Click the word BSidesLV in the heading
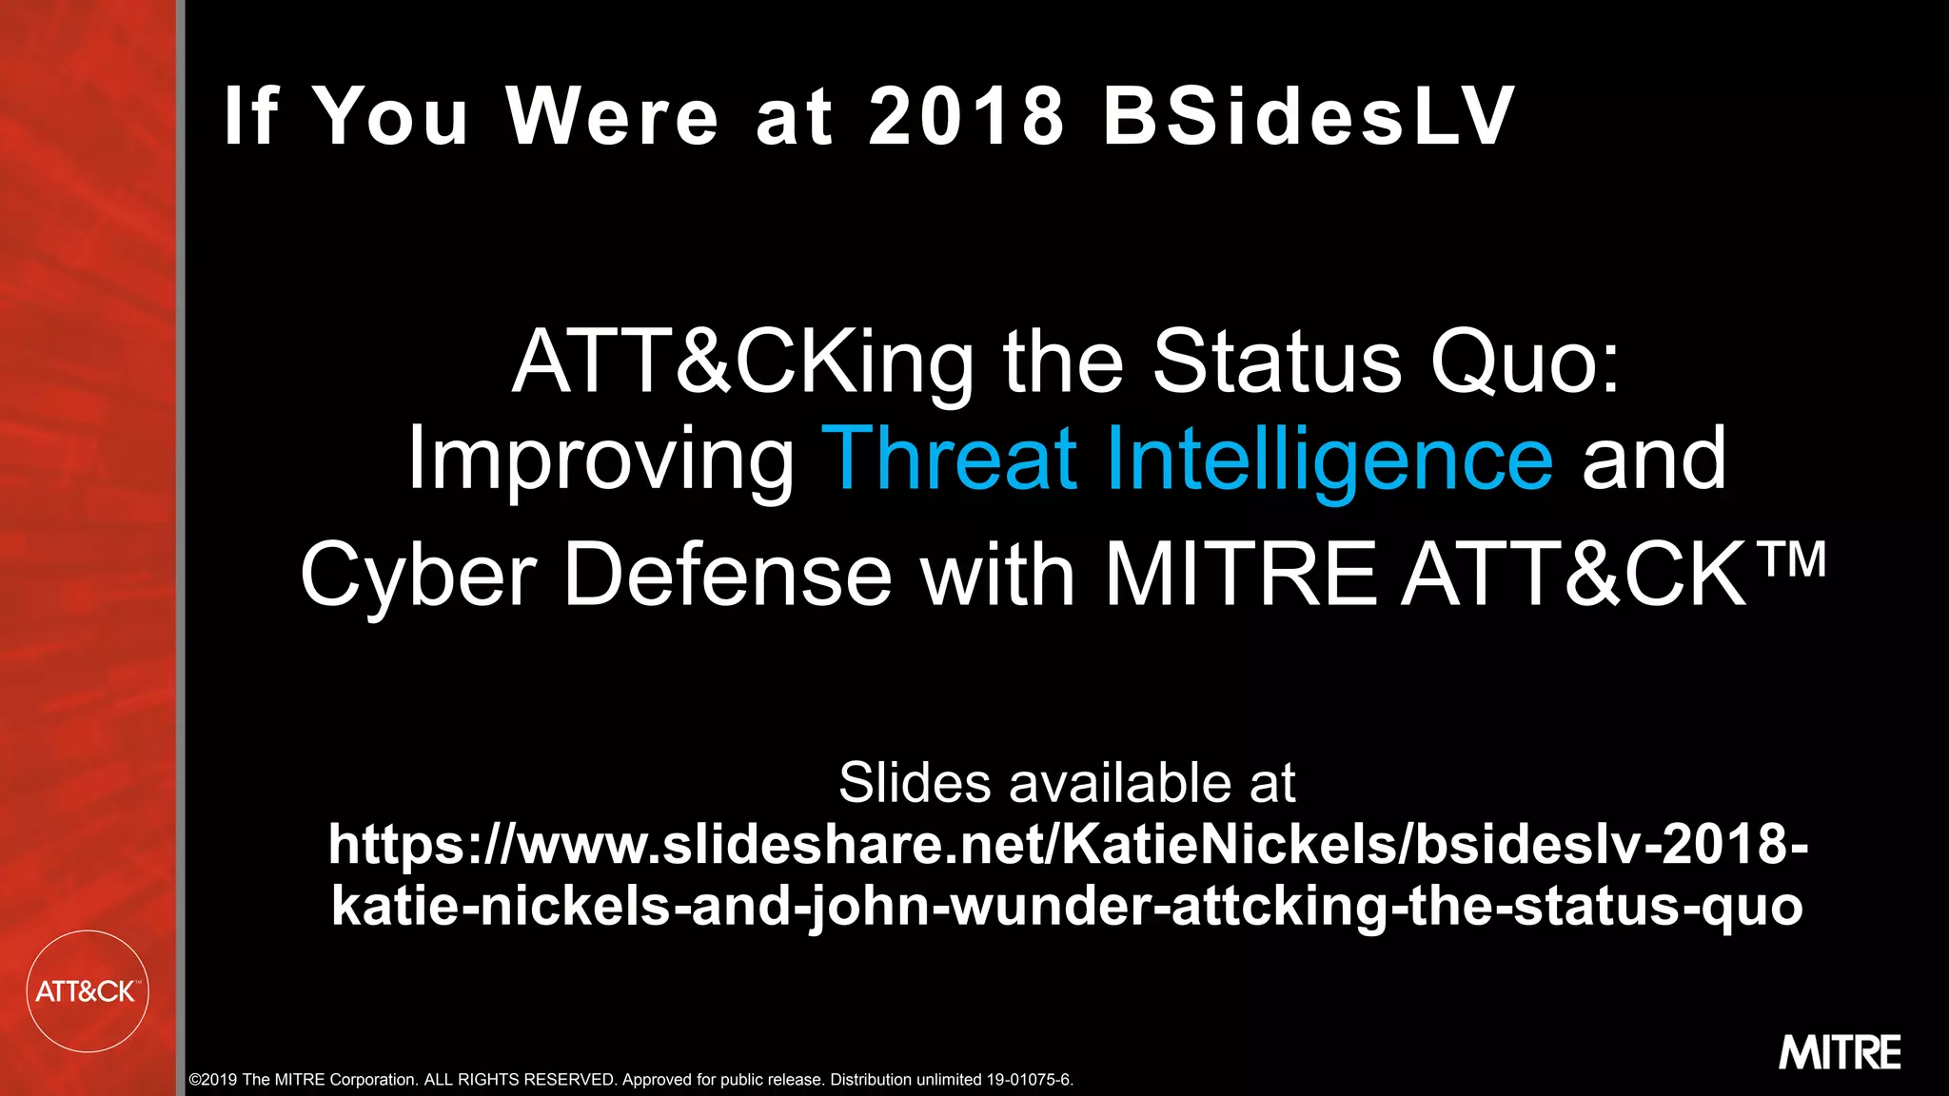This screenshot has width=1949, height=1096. coord(1308,116)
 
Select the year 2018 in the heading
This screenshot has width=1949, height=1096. coord(966,116)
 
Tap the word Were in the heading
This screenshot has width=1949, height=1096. coord(612,116)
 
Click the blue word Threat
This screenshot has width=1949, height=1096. coord(954,459)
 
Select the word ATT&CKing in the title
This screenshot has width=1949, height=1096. coord(743,362)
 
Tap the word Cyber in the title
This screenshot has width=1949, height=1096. coord(418,575)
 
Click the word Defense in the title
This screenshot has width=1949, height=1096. coord(728,575)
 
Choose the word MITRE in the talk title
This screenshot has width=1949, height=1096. coord(1240,575)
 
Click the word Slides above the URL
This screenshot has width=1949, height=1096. coord(915,782)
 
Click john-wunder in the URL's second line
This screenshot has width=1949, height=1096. coord(1049,906)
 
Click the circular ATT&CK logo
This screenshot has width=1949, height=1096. coord(88,991)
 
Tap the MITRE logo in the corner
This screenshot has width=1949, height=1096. coord(1840,1052)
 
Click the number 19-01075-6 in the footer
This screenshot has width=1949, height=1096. coord(1029,1080)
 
